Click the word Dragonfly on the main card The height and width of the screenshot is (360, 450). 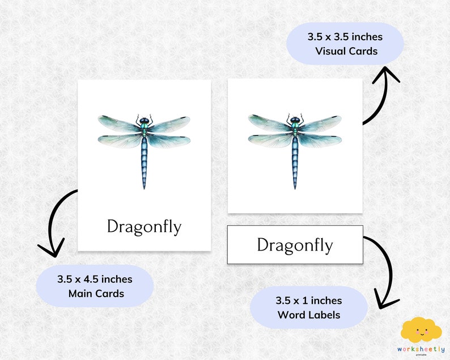point(144,227)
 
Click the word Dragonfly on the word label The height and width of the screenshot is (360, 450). point(295,245)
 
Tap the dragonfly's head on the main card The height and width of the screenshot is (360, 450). point(144,120)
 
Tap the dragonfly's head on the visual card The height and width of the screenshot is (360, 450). point(295,120)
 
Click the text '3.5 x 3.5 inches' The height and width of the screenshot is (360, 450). point(345,37)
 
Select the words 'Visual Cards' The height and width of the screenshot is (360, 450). point(346,51)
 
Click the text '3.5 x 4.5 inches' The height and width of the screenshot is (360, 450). point(95,279)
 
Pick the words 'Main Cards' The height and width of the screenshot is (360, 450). point(95,294)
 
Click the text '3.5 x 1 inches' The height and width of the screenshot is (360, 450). point(309,300)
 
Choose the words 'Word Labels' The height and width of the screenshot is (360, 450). point(309,315)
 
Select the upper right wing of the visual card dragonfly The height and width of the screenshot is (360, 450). point(323,122)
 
